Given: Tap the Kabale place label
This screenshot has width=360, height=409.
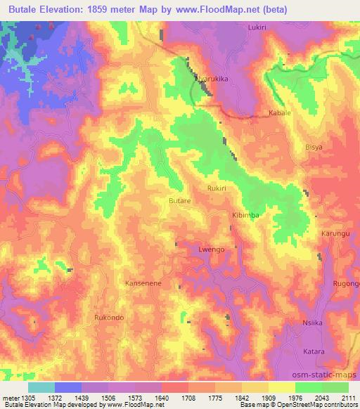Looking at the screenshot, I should coord(279,112).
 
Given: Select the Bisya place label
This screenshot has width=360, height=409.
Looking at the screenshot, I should coord(314,148).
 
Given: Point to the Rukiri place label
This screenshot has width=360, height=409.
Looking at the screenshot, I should coord(217,188).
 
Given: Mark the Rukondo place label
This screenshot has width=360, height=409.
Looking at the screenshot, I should coord(109,318).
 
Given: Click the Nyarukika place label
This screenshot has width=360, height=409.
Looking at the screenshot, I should coord(210,81).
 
